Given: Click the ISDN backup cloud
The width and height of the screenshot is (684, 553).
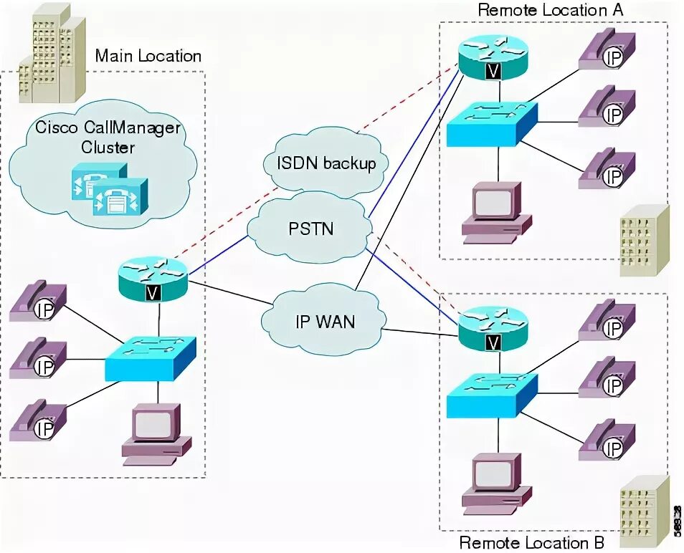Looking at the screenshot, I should point(326,163).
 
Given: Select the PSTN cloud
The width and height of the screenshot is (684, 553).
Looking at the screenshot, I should point(312,229).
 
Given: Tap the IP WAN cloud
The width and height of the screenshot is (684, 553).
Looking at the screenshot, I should point(324,320).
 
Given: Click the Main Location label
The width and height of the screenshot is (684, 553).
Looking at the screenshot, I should point(148,56).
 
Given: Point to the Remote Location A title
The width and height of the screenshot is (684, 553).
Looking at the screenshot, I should point(550,10).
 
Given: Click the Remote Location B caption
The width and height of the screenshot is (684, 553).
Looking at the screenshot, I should point(531,542).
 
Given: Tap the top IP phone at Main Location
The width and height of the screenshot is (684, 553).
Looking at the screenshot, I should point(39,301).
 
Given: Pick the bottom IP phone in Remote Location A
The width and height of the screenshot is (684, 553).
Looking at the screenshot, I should point(607,168).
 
